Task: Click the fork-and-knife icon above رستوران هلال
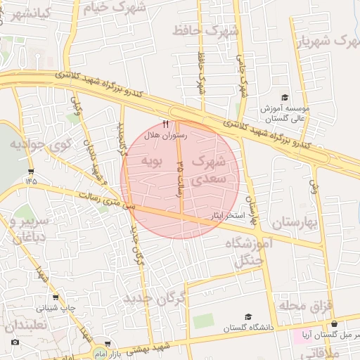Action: (x=166, y=124)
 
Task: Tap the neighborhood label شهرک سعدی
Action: (x=209, y=171)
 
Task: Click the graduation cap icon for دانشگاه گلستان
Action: (x=247, y=318)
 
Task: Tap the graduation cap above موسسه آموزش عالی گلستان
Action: (x=284, y=98)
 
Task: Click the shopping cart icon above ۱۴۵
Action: (x=30, y=171)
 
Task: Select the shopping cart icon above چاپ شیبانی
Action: (x=56, y=297)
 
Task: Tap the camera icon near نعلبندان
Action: (x=15, y=342)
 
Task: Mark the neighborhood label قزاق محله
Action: (x=309, y=306)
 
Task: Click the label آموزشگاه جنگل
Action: (x=250, y=250)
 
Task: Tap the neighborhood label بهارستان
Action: (x=295, y=222)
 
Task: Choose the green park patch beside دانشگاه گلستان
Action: (x=203, y=321)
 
